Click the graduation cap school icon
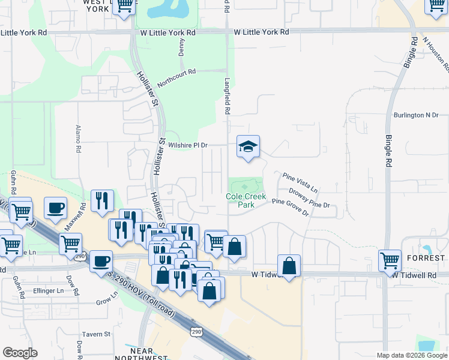click(248, 147)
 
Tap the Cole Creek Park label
click(241, 200)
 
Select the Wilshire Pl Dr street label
click(188, 145)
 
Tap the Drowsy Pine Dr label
click(309, 199)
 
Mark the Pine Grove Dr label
click(290, 208)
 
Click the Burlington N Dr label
click(416, 115)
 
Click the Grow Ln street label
click(107, 298)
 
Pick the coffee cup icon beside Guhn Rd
click(56, 208)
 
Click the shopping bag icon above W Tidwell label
click(289, 266)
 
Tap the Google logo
click(20, 353)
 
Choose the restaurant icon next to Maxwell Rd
click(103, 201)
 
